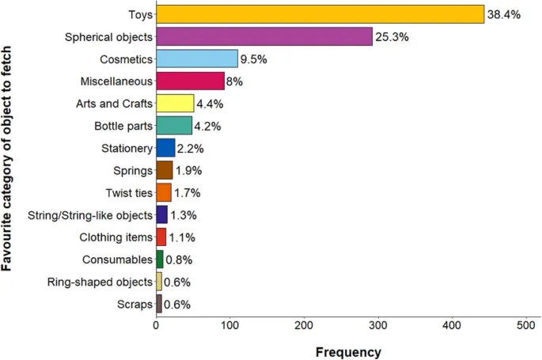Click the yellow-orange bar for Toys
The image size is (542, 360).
(x=320, y=14)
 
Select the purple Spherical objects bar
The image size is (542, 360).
(x=264, y=36)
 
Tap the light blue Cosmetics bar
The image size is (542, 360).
(x=197, y=59)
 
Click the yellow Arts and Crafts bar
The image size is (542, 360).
(x=175, y=103)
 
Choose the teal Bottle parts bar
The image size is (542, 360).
(x=174, y=125)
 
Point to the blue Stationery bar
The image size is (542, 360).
(x=165, y=148)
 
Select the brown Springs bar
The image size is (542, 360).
(x=165, y=170)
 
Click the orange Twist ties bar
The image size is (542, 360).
(x=164, y=192)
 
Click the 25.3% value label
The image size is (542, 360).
(x=392, y=36)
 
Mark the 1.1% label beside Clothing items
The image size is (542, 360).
(x=182, y=237)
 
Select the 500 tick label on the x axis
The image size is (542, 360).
(x=527, y=324)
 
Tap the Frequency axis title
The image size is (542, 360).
(x=348, y=352)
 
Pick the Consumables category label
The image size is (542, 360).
(x=116, y=260)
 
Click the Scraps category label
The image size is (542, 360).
(x=134, y=304)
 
